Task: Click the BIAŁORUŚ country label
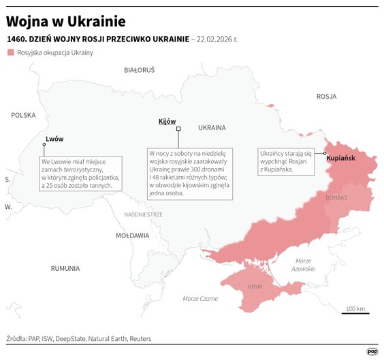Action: [x=140, y=70]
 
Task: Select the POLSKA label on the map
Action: [x=23, y=116]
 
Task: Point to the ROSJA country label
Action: [x=327, y=97]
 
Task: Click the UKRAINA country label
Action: [x=212, y=127]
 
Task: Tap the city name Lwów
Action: [x=54, y=139]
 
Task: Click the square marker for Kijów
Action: [x=178, y=129]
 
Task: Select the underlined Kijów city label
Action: [x=167, y=120]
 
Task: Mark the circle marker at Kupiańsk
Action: [x=325, y=154]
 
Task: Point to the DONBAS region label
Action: [x=336, y=198]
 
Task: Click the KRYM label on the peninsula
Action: [x=255, y=287]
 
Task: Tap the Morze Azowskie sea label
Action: [x=304, y=265]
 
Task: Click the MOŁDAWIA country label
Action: [x=132, y=235]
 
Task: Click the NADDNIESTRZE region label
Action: [x=144, y=214]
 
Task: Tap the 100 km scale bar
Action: [x=356, y=313]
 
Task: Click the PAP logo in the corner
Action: [x=372, y=352]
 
